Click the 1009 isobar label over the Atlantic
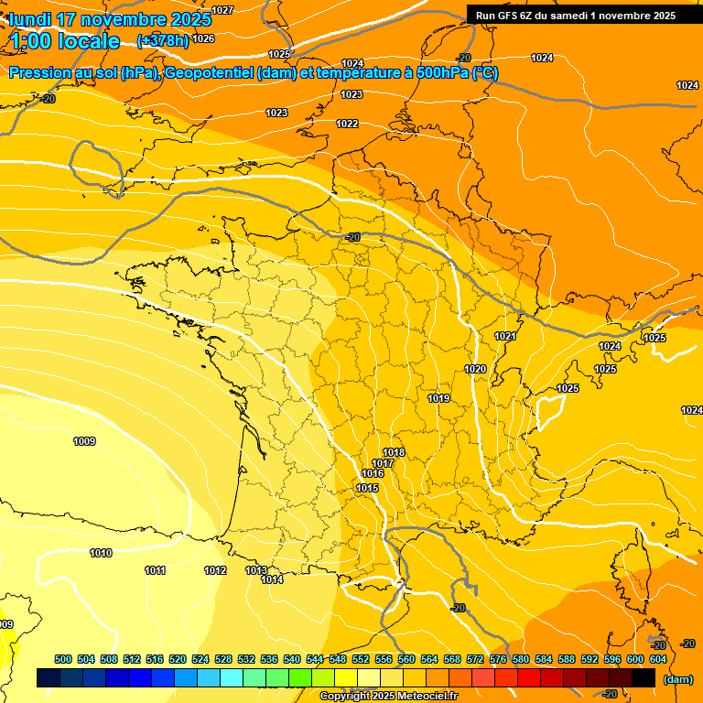84,442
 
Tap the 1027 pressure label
222,10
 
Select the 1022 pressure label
347,124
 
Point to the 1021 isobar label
505,337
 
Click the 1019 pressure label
438,398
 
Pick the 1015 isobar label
368,488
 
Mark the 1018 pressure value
394,453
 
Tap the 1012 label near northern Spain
215,570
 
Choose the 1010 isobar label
101,553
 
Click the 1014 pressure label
272,579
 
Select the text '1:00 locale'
65,41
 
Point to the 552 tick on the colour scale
361,659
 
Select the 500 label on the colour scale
63,659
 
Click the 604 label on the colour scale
657,659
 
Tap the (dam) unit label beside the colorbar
677,679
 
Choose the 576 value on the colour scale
498,659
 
